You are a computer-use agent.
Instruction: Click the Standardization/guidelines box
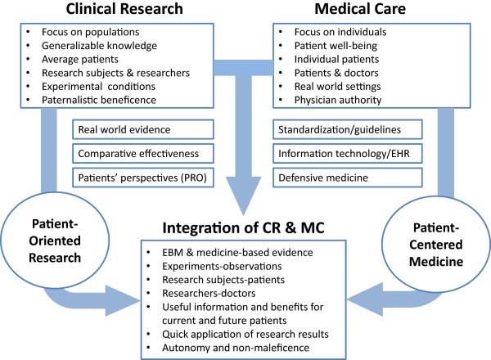[349, 128]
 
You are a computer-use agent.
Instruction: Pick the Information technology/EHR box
[349, 152]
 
